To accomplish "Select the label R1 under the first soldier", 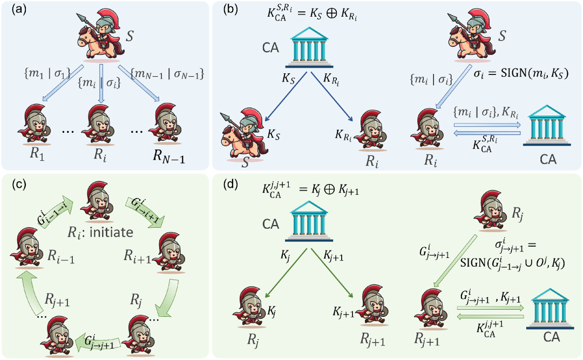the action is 37,153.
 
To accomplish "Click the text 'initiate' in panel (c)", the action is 111,233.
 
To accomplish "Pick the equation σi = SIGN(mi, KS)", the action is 521,73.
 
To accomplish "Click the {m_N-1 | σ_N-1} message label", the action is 167,74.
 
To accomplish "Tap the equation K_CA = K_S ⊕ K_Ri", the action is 312,13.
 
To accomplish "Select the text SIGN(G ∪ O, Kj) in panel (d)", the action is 513,262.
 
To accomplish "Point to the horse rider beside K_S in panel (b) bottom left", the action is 243,136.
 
